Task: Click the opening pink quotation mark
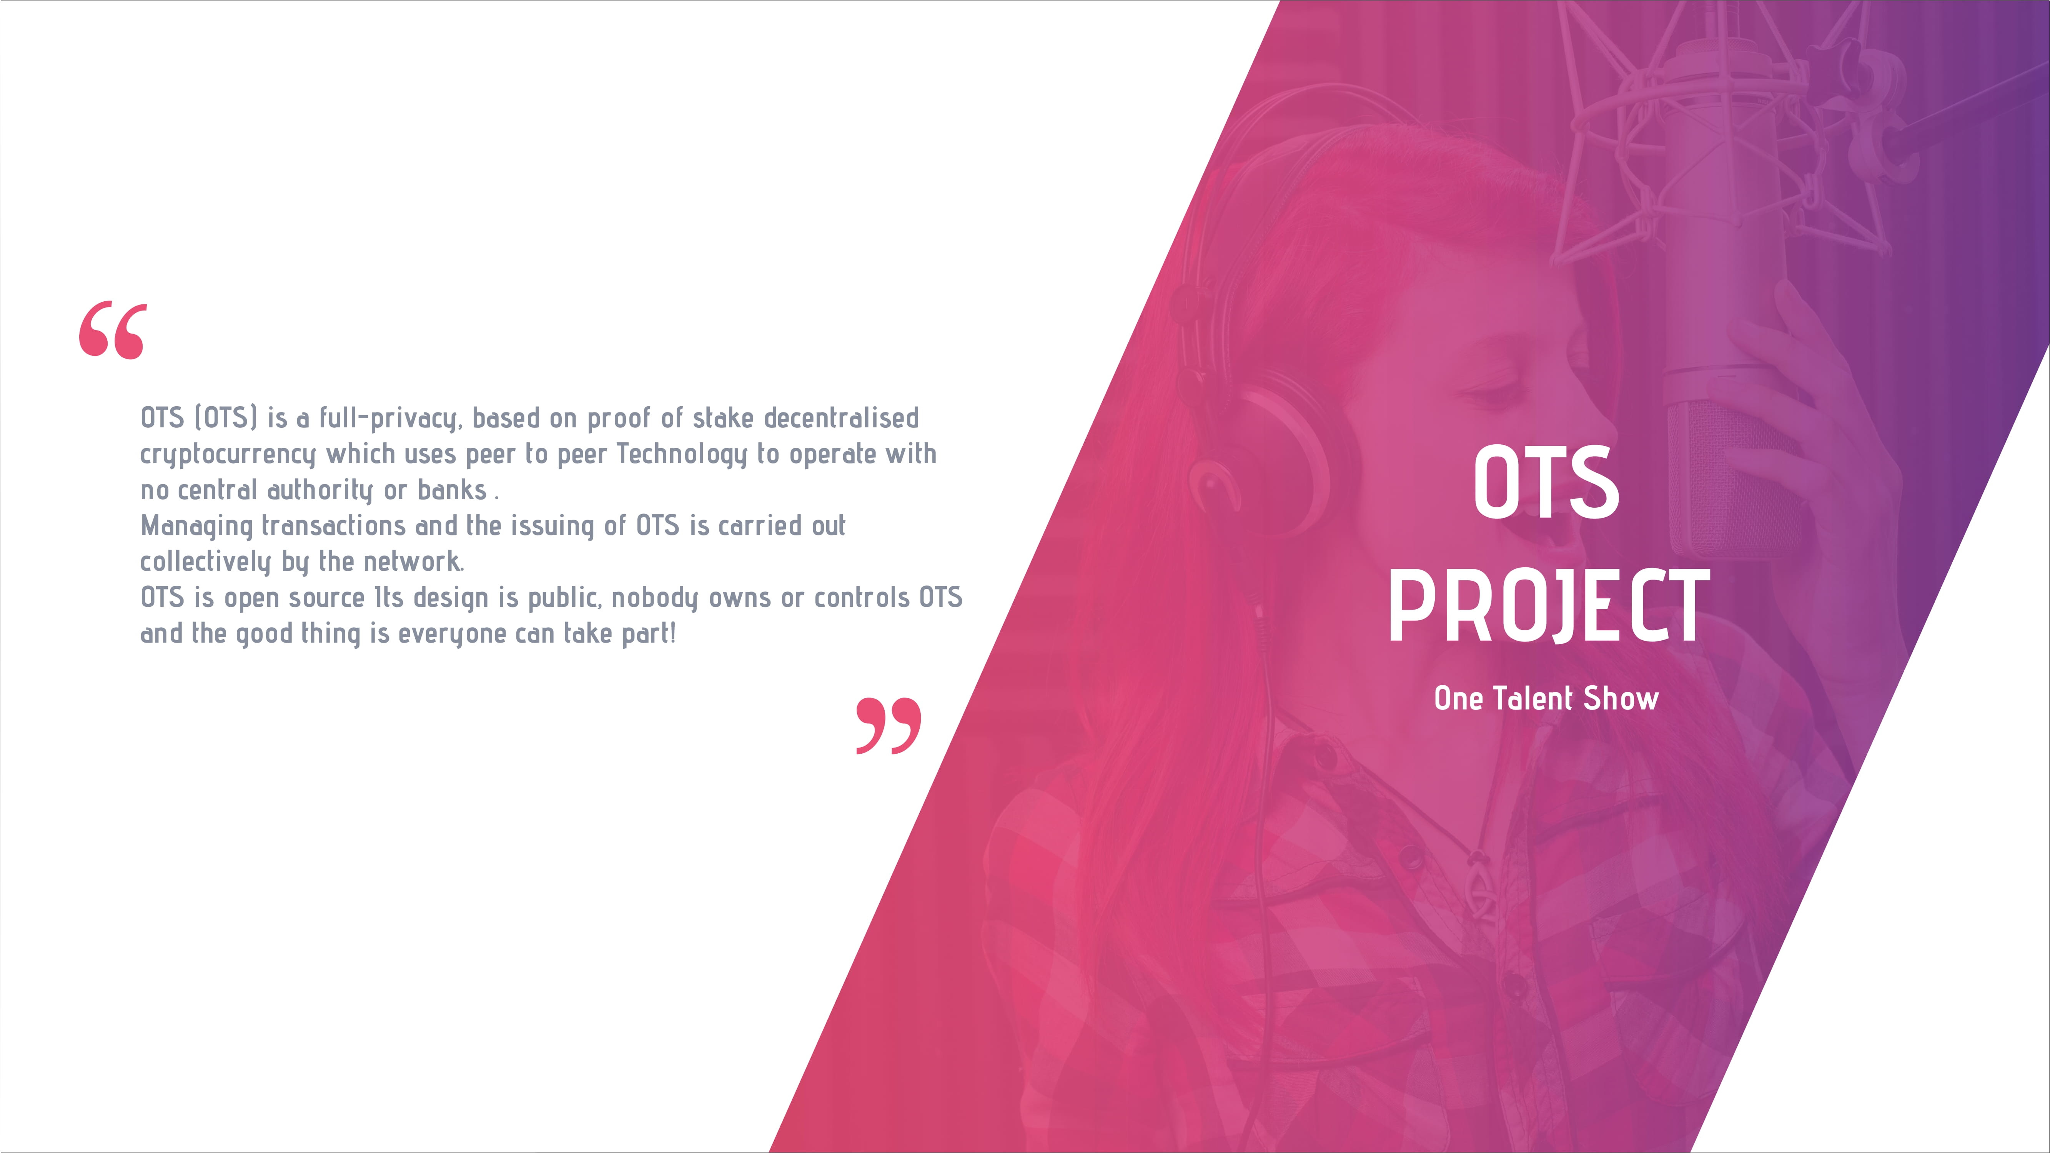112,330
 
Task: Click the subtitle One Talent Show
1546,699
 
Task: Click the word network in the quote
413,562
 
